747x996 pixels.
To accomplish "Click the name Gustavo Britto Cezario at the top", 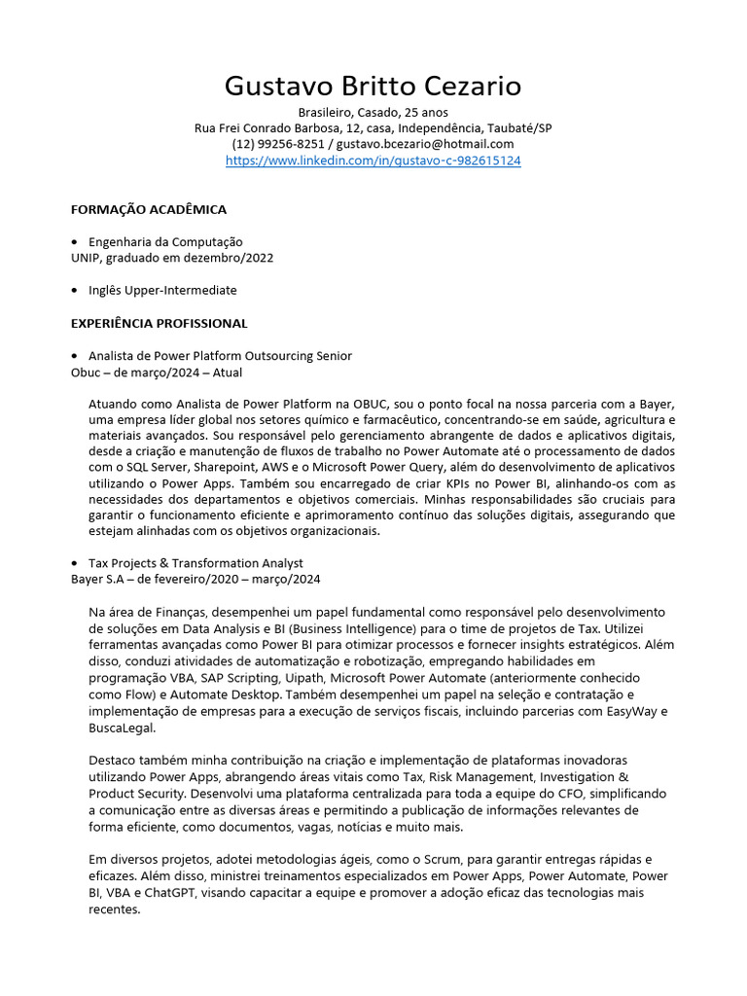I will [373, 87].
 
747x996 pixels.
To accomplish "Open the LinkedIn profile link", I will [373, 160].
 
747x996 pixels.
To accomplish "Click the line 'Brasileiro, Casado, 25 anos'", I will [373, 113].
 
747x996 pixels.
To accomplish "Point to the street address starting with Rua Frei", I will [373, 128].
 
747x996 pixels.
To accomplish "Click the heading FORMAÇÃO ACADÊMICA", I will [149, 209].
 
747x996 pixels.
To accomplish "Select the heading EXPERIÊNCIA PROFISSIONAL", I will [160, 323].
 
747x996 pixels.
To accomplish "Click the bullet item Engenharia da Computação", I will [165, 241].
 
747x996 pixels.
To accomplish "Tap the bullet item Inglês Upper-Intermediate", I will [162, 290].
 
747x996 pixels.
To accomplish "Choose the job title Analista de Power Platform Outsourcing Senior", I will [220, 356].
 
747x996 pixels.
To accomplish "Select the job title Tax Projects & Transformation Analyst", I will [196, 563].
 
